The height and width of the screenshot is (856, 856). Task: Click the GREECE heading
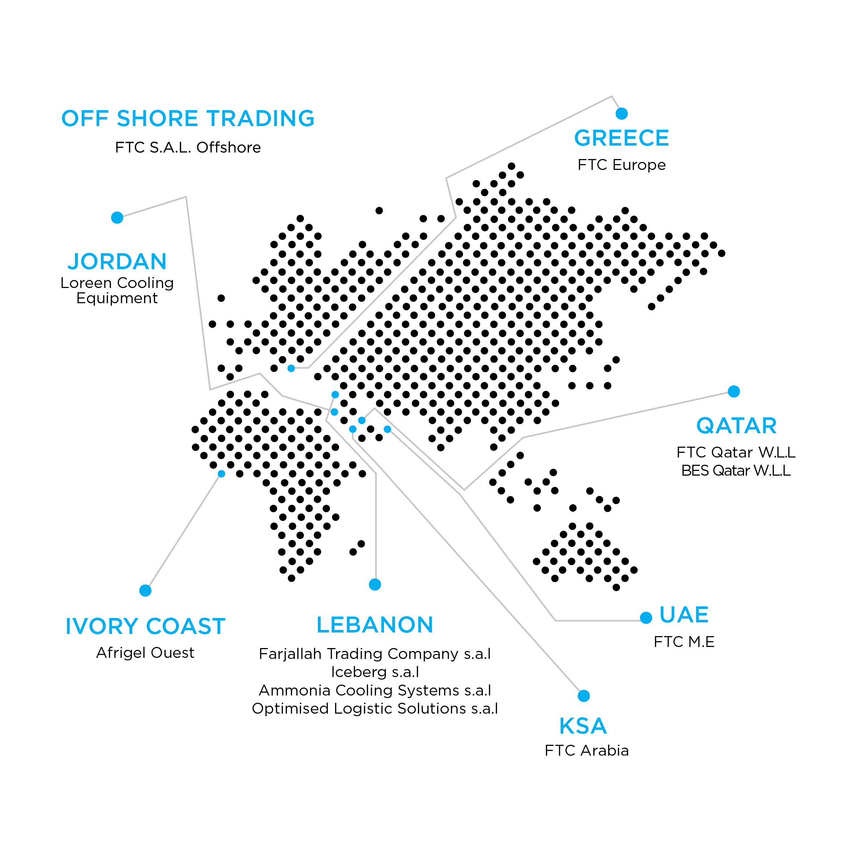(621, 138)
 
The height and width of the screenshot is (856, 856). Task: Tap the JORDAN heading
(117, 262)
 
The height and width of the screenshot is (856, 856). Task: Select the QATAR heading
(736, 426)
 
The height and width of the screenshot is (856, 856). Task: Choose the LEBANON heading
(375, 625)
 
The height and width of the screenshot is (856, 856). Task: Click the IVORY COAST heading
(145, 626)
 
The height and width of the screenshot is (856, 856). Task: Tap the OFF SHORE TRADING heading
(188, 119)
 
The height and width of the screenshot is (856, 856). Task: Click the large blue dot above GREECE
(622, 114)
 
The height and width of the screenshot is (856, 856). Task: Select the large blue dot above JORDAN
(117, 218)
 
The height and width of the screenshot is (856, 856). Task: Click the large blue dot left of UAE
(646, 618)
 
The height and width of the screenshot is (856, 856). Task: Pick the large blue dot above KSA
(584, 696)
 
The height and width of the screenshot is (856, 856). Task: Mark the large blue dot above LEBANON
(375, 585)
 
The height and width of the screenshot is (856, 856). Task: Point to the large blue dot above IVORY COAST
(145, 590)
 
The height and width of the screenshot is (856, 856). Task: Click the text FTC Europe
(622, 165)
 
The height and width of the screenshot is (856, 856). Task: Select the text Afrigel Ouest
(145, 653)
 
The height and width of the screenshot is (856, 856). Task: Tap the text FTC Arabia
(586, 751)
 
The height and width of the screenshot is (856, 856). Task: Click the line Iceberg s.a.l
(375, 672)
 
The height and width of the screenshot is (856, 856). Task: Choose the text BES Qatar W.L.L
(736, 471)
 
